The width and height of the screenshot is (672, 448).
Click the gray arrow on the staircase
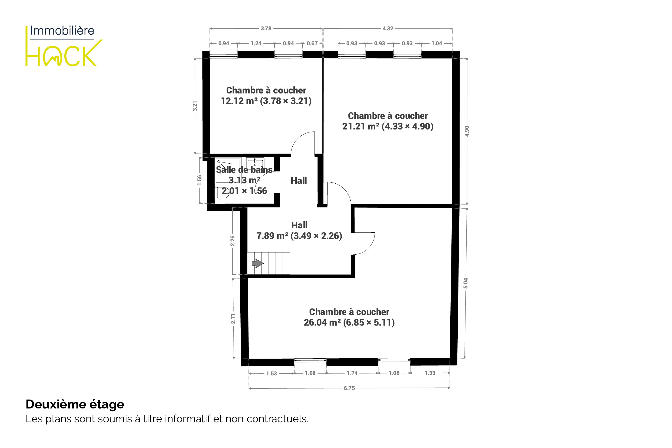[x=257, y=263]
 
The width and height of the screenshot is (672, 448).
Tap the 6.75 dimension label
[x=349, y=388]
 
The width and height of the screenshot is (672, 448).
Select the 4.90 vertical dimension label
[x=467, y=131]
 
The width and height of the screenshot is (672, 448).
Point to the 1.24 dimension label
[x=256, y=43]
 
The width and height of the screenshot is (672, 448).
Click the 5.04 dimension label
[x=466, y=283]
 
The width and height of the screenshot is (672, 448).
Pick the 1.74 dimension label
[x=352, y=373]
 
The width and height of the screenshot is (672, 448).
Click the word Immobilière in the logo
[x=62, y=31]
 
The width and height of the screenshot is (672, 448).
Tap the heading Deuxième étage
[x=75, y=404]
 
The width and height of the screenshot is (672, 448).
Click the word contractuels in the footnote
[x=277, y=419]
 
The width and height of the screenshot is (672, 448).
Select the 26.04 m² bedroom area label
[x=349, y=323]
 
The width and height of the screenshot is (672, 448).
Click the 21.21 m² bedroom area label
[x=387, y=126]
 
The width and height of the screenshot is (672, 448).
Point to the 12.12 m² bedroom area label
[x=266, y=101]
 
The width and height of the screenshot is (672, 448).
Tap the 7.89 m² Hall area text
[x=299, y=236]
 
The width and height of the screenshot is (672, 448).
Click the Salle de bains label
[x=244, y=170]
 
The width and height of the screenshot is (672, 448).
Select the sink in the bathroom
[x=255, y=163]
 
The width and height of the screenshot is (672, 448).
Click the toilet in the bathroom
[x=222, y=193]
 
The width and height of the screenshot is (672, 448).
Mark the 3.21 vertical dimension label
[x=195, y=106]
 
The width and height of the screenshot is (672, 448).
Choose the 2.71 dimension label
[x=233, y=319]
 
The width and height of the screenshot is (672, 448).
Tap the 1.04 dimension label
[x=437, y=43]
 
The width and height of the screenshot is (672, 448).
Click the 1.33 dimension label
[x=430, y=373]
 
